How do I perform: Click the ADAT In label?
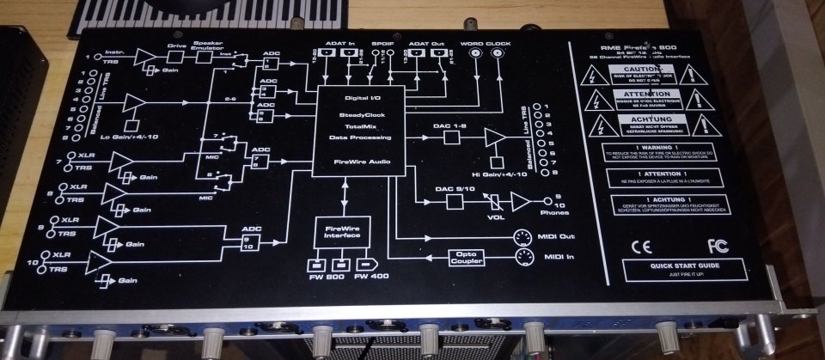tap(341, 40)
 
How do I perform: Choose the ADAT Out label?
tap(425, 40)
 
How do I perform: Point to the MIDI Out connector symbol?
tap(522, 238)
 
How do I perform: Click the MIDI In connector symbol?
tap(522, 258)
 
